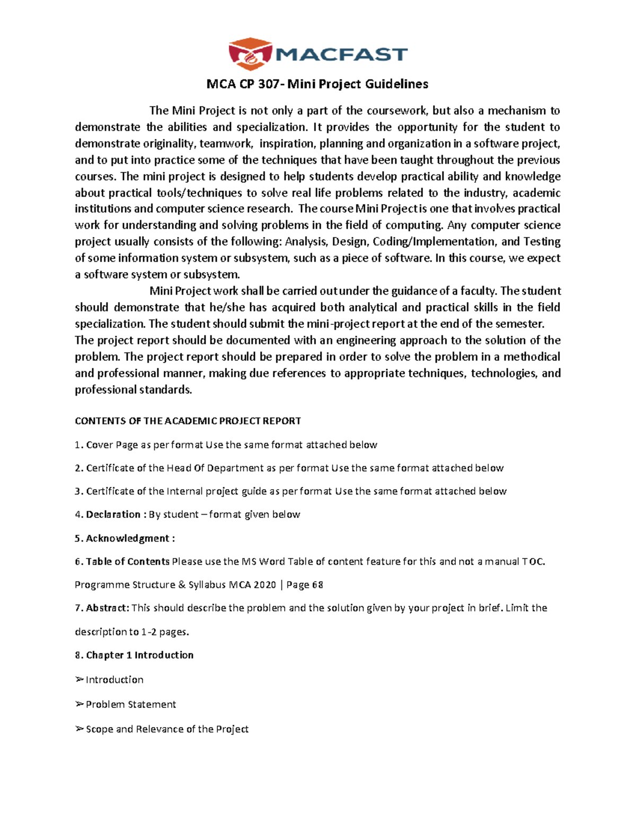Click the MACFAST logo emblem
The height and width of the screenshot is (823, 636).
(x=250, y=54)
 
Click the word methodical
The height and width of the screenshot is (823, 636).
(x=532, y=357)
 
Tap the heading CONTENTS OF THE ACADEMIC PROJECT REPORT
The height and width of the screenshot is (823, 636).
(x=188, y=421)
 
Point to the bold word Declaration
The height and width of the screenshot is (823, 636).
(x=113, y=515)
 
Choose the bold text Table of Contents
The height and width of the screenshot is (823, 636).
(x=127, y=562)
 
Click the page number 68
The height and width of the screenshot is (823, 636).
(x=317, y=585)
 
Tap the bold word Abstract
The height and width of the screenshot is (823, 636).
(x=107, y=608)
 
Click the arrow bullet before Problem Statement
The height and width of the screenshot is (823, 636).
(x=79, y=704)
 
